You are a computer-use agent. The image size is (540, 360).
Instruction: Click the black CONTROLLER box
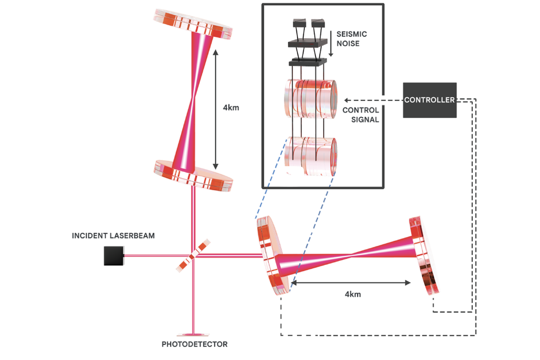coord(429,100)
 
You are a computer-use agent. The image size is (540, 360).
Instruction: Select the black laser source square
coord(113,256)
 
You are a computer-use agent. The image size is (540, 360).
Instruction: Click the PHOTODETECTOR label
coord(194,344)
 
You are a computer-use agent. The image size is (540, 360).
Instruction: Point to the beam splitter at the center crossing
coord(193,256)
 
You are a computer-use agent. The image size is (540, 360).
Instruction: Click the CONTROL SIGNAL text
coord(361,115)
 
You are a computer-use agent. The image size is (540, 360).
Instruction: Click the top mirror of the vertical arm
coord(193,24)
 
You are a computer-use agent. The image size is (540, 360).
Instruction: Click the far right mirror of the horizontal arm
coord(425,256)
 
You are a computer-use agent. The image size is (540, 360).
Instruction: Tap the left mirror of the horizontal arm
coord(271,255)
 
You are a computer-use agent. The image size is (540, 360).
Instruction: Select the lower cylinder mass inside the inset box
coord(310,155)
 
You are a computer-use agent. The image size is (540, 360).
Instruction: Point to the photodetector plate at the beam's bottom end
coord(193,334)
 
